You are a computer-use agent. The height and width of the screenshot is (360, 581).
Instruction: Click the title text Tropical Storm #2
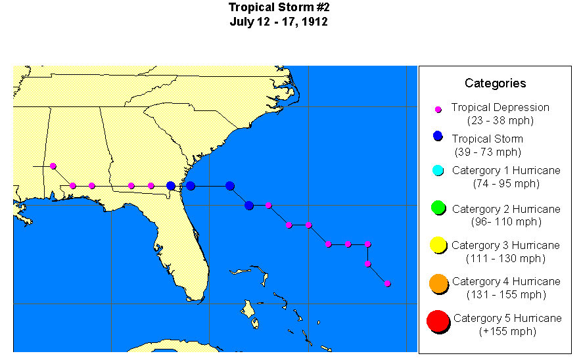[279, 7]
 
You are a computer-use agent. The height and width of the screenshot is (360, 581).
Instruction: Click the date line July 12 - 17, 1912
[279, 22]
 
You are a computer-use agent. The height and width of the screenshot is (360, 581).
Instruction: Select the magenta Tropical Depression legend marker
[438, 108]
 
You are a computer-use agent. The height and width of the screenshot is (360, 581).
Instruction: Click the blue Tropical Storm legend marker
[438, 136]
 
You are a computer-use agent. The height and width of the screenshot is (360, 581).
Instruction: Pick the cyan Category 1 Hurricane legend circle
[438, 171]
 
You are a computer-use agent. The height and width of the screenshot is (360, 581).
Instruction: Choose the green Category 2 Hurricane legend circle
[438, 208]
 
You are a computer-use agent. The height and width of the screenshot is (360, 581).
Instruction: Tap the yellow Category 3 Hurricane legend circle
[438, 246]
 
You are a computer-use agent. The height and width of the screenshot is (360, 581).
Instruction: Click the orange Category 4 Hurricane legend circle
[438, 283]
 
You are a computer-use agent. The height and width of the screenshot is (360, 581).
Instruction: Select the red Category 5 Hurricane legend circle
[437, 321]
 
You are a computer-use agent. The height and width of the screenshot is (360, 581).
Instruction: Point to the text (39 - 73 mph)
[487, 152]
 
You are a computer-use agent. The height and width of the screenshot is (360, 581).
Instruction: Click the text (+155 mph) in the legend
[507, 332]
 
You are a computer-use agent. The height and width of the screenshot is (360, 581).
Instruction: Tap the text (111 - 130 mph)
[505, 258]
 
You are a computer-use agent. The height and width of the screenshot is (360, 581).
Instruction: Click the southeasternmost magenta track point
[388, 284]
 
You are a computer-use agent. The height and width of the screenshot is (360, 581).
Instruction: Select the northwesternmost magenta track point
[53, 166]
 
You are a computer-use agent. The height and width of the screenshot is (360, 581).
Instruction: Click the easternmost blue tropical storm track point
[230, 186]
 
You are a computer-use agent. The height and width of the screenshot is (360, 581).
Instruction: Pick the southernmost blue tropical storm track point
[249, 206]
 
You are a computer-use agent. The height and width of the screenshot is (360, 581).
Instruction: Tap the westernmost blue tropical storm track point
[171, 186]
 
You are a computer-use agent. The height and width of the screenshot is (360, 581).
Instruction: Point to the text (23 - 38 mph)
[500, 120]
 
